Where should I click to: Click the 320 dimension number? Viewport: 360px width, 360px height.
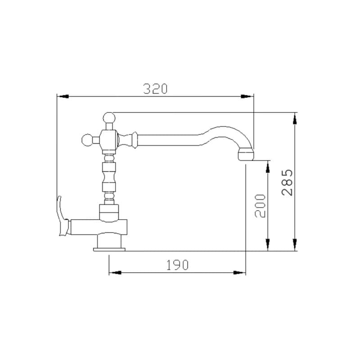pyautogui.click(x=155, y=89)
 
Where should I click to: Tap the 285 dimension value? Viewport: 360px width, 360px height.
pyautogui.click(x=287, y=183)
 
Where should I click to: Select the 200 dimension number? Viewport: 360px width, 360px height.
pyautogui.click(x=260, y=206)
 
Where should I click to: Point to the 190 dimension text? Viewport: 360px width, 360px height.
pyautogui.click(x=177, y=265)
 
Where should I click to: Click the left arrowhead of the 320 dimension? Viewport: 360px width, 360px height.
pyautogui.click(x=63, y=96)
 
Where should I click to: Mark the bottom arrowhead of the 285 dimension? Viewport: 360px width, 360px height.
pyautogui.click(x=295, y=245)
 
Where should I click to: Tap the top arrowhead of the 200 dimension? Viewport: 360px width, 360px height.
pyautogui.click(x=268, y=166)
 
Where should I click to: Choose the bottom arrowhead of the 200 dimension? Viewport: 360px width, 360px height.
pyautogui.click(x=268, y=245)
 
